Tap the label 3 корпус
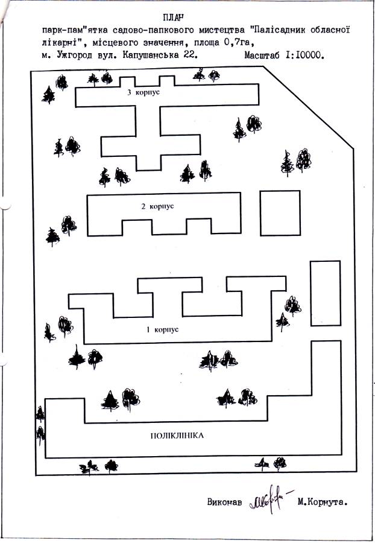click(142, 94)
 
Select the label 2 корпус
click(157, 206)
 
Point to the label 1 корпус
click(163, 330)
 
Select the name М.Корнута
click(324, 501)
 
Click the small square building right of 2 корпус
click(280, 213)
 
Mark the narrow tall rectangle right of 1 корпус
click(325, 293)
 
